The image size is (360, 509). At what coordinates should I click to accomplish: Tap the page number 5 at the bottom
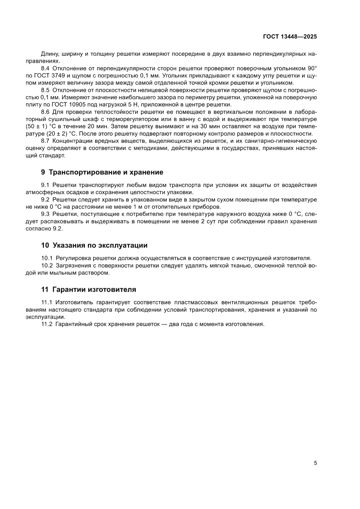click(315, 463)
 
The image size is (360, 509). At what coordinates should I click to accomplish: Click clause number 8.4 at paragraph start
click(46, 69)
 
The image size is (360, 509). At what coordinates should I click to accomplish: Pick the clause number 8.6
click(46, 112)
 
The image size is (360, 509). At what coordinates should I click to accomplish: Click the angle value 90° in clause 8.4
click(312, 69)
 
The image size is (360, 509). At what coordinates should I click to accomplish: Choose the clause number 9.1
click(46, 185)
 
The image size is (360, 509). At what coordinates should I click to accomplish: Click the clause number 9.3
click(46, 214)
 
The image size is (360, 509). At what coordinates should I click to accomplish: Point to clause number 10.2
click(47, 266)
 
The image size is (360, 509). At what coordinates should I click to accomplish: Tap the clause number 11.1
click(47, 302)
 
